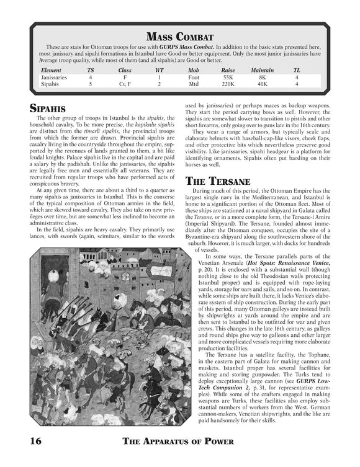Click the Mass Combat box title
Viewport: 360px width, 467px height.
[x=179, y=35]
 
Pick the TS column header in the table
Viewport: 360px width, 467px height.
[x=91, y=70]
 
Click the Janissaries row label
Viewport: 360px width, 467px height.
[x=54, y=77]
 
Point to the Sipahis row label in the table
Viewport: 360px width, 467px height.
[x=50, y=84]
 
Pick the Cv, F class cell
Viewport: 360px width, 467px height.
[x=125, y=84]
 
